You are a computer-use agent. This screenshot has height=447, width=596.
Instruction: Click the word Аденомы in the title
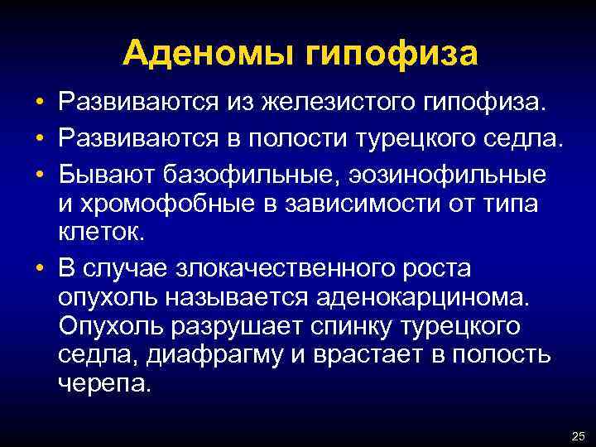coord(210,55)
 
